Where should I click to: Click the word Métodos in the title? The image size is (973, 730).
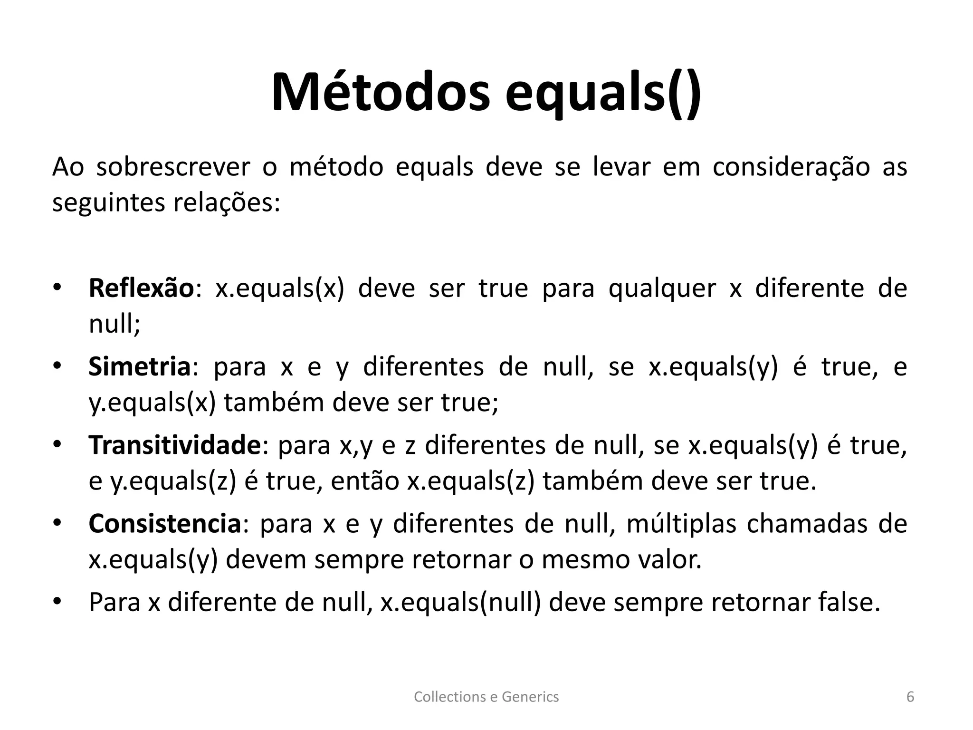380,92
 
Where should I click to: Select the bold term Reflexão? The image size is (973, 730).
141,288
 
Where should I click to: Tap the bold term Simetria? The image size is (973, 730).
139,367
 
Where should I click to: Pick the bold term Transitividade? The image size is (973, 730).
175,445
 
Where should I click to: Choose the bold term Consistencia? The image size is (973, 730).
165,524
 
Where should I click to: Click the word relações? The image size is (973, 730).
226,203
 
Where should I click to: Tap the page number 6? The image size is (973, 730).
910,697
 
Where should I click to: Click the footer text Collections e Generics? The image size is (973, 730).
486,697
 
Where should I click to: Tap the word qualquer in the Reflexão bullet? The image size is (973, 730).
662,288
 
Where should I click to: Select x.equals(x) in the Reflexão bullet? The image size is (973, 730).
279,288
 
